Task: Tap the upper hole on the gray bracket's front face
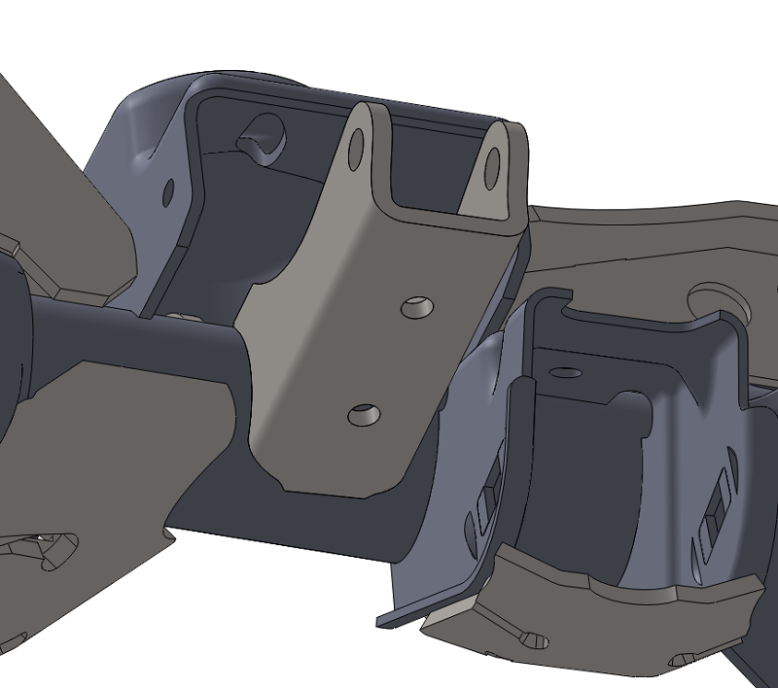[418, 306]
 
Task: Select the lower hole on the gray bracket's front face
[364, 415]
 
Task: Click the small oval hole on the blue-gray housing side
[168, 191]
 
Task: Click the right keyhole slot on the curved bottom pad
[681, 662]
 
